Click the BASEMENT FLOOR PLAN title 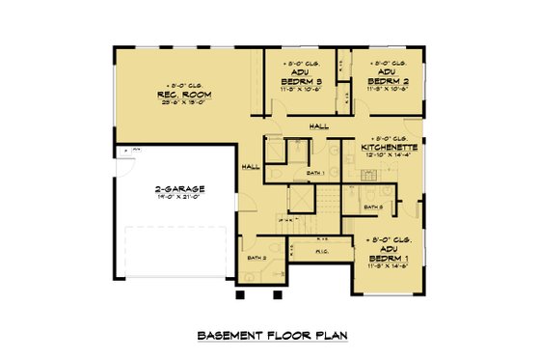pos(272,336)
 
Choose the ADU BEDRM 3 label pos(302,77)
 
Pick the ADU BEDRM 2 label pos(390,77)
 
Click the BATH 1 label pos(313,174)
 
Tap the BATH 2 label pos(256,259)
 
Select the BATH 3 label pos(374,207)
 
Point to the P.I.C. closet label pos(323,254)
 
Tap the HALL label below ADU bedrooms pos(317,125)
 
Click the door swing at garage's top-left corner pos(123,154)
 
